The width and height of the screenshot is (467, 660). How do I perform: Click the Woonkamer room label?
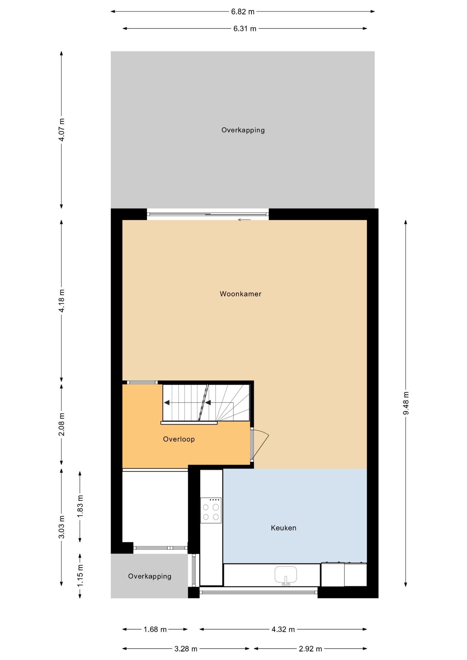tap(240, 294)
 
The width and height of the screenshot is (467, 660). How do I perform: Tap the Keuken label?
tap(283, 528)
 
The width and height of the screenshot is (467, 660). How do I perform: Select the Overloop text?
tap(179, 439)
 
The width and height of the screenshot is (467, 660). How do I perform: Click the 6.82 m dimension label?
tap(243, 12)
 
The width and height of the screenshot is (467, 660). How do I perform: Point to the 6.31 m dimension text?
tap(245, 29)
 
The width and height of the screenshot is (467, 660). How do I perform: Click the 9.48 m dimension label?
tap(406, 403)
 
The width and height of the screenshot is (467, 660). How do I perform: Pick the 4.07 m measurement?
tap(62, 130)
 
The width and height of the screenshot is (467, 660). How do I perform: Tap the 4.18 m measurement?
tap(62, 301)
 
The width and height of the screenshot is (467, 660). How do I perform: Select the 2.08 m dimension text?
tap(62, 424)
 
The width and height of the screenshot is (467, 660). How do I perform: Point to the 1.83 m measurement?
tap(80, 506)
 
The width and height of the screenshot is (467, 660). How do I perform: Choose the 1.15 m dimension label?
tap(80, 576)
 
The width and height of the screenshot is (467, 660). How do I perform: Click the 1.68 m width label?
tap(155, 629)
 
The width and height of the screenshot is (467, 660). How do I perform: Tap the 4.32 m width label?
tap(283, 629)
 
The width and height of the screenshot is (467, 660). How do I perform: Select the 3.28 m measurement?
tap(186, 649)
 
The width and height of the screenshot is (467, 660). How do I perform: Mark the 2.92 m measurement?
tap(310, 649)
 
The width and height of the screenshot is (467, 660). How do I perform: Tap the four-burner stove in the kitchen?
tap(211, 510)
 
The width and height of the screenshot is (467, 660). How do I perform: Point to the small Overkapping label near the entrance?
tap(150, 576)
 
